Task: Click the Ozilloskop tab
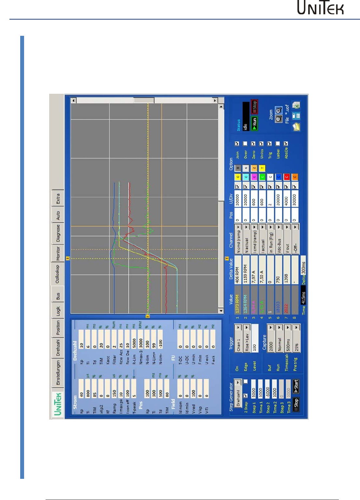(x=57, y=274)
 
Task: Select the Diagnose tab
(x=58, y=233)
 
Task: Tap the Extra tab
(x=58, y=199)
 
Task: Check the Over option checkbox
(x=245, y=144)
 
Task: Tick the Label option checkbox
(x=278, y=144)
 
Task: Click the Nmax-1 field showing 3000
(x=141, y=344)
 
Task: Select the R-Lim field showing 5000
(x=134, y=344)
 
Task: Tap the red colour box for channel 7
(x=286, y=177)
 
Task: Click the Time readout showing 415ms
(x=303, y=297)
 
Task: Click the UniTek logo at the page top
(x=320, y=8)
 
